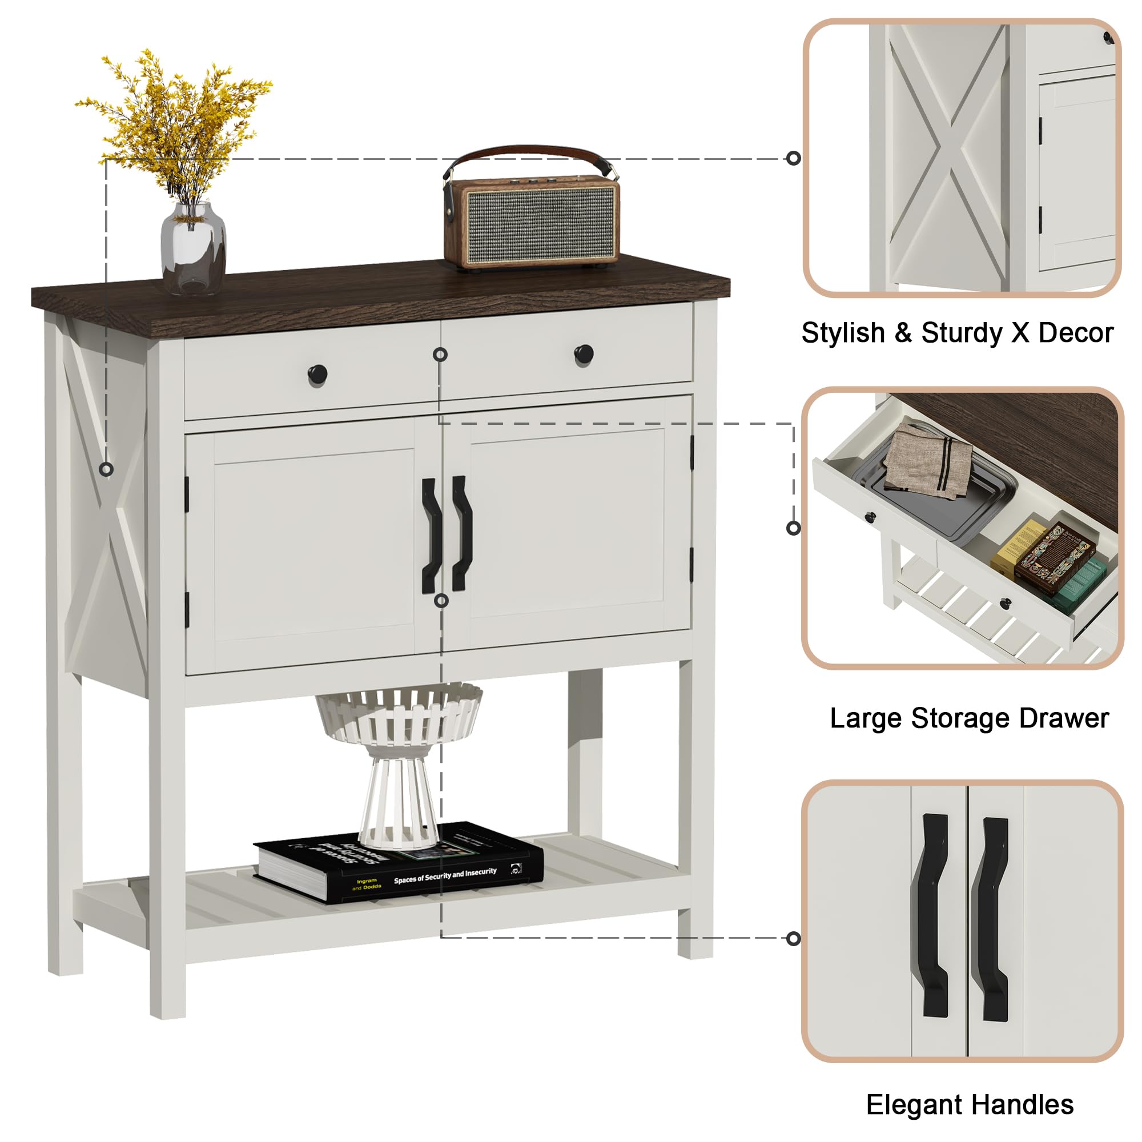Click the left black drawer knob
(317, 373)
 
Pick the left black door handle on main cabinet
(432, 535)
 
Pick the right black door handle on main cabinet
(461, 533)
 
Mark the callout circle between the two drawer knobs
(440, 355)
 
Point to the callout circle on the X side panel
(106, 469)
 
